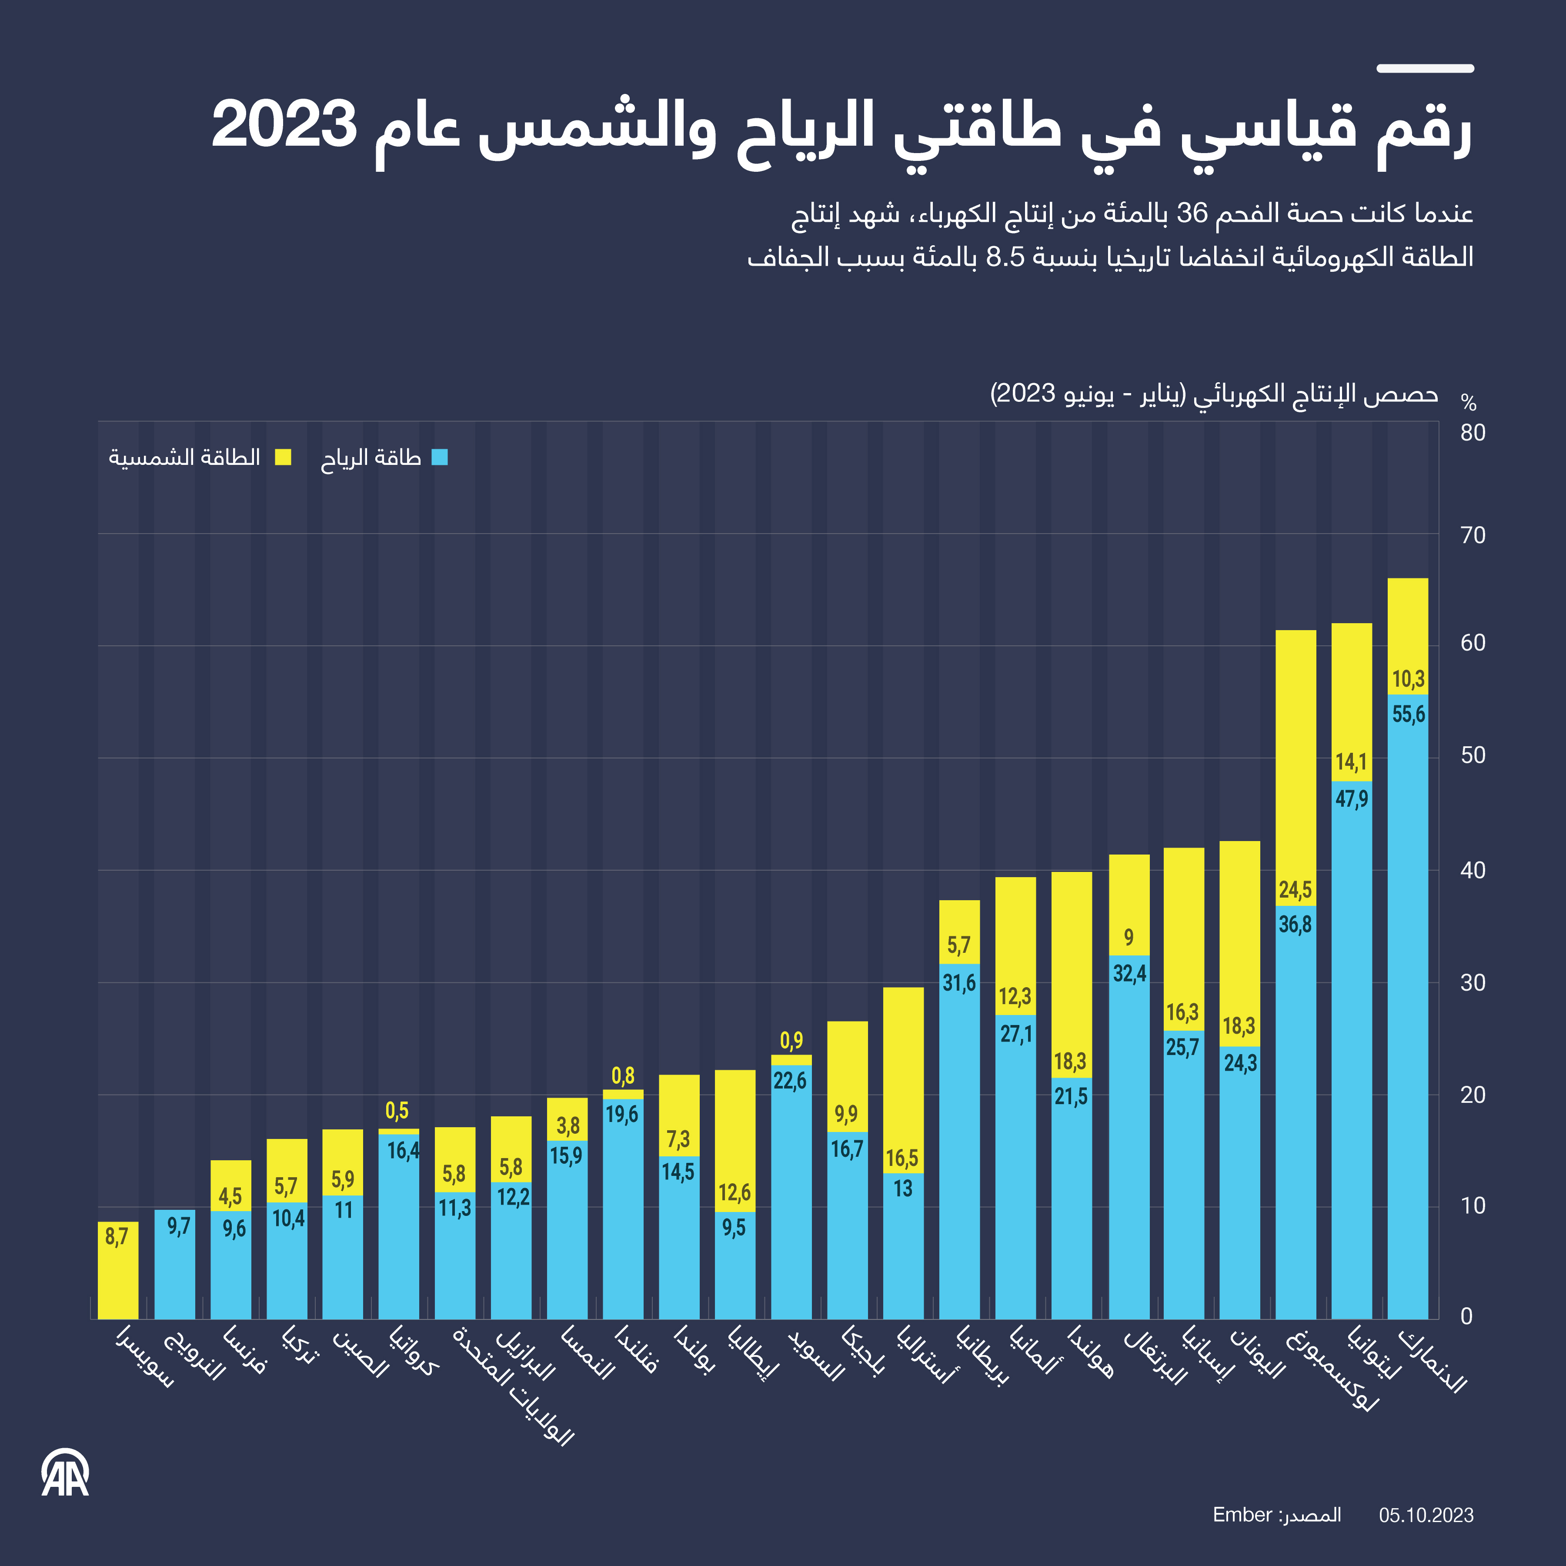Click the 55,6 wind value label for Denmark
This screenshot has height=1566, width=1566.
coord(1408,714)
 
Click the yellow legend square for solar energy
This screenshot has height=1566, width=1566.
coord(283,457)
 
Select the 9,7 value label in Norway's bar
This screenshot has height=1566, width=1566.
coord(178,1226)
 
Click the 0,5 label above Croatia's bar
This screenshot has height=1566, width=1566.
coord(397,1111)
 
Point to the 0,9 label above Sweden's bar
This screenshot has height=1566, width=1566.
coord(791,1040)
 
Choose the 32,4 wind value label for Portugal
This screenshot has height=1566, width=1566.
coord(1129,973)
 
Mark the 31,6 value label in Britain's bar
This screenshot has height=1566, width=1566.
coord(959,983)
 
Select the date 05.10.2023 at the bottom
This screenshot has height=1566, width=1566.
coord(1426,1516)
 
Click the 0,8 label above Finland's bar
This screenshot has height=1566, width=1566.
coord(622,1075)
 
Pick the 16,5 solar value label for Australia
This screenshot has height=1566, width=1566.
coord(902,1158)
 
